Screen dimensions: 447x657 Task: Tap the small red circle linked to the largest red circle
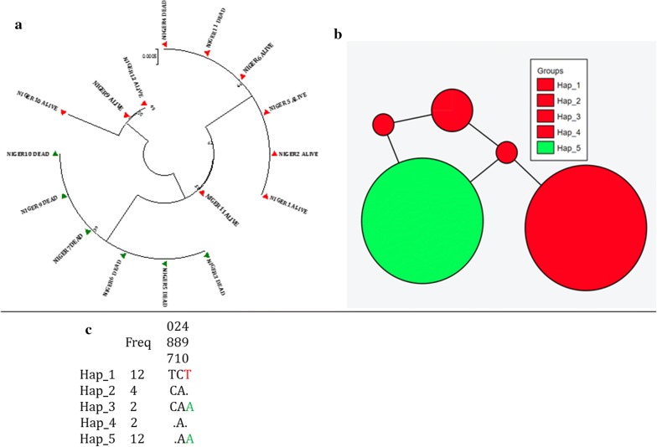(505, 153)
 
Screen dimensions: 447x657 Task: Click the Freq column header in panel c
(138, 342)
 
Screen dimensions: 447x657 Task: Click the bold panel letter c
(89, 329)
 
